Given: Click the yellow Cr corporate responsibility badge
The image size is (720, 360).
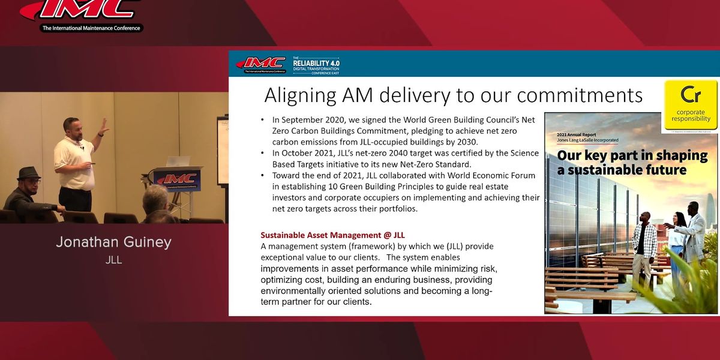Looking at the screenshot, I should (691, 105).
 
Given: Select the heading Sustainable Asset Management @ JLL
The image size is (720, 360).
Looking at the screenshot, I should (337, 235).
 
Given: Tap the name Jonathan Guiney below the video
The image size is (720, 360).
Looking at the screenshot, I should (113, 242).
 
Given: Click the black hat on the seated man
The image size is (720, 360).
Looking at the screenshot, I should (28, 173).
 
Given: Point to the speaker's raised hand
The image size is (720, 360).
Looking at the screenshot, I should (104, 125).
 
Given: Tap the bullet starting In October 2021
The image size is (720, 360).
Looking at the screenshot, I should (400, 158).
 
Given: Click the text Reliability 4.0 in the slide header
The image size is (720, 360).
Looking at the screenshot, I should (316, 62).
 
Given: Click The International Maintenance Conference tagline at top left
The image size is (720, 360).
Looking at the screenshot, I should (91, 28).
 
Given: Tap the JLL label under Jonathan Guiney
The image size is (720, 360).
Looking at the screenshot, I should (113, 260).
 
